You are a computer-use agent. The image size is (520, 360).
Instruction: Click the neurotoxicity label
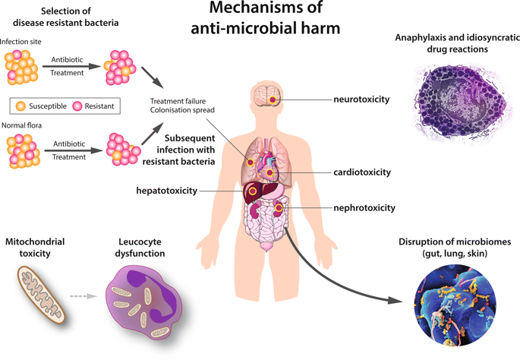tap(361, 99)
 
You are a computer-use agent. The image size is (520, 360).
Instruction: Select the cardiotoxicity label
tap(362, 172)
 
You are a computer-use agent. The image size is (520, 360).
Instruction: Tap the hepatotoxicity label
tap(167, 191)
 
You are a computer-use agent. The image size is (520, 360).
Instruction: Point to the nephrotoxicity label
tap(364, 208)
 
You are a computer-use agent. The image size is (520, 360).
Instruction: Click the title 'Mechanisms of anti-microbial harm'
tap(265, 19)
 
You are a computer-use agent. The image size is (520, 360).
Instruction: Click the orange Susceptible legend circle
tap(20, 106)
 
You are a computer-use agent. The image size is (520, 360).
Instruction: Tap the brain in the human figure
tap(266, 96)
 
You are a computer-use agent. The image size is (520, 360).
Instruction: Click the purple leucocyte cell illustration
tap(144, 300)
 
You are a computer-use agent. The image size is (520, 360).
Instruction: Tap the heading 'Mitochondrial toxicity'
tap(35, 248)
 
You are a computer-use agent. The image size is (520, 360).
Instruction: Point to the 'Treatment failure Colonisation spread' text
tap(178, 106)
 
